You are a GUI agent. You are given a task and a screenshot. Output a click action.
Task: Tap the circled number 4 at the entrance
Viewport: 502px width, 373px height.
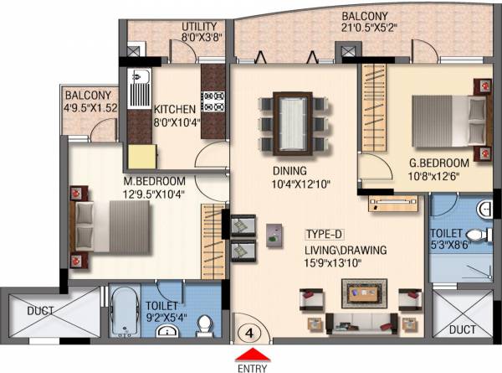pos(250,331)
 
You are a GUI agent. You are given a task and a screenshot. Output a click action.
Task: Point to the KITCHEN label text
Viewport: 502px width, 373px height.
pos(175,110)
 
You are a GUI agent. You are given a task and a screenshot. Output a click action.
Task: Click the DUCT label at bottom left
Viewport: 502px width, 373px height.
pos(40,311)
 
